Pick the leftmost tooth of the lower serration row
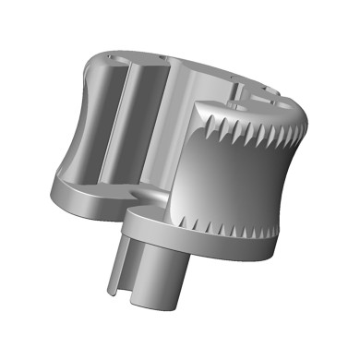[x=188, y=222]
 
